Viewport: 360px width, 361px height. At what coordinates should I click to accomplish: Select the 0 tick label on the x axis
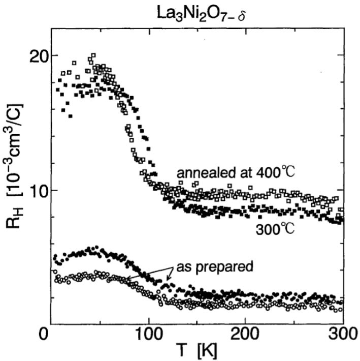pos(46,336)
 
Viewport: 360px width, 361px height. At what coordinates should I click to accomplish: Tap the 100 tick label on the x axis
pos(149,336)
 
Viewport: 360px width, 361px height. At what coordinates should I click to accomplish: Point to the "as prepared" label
pos(215,266)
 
